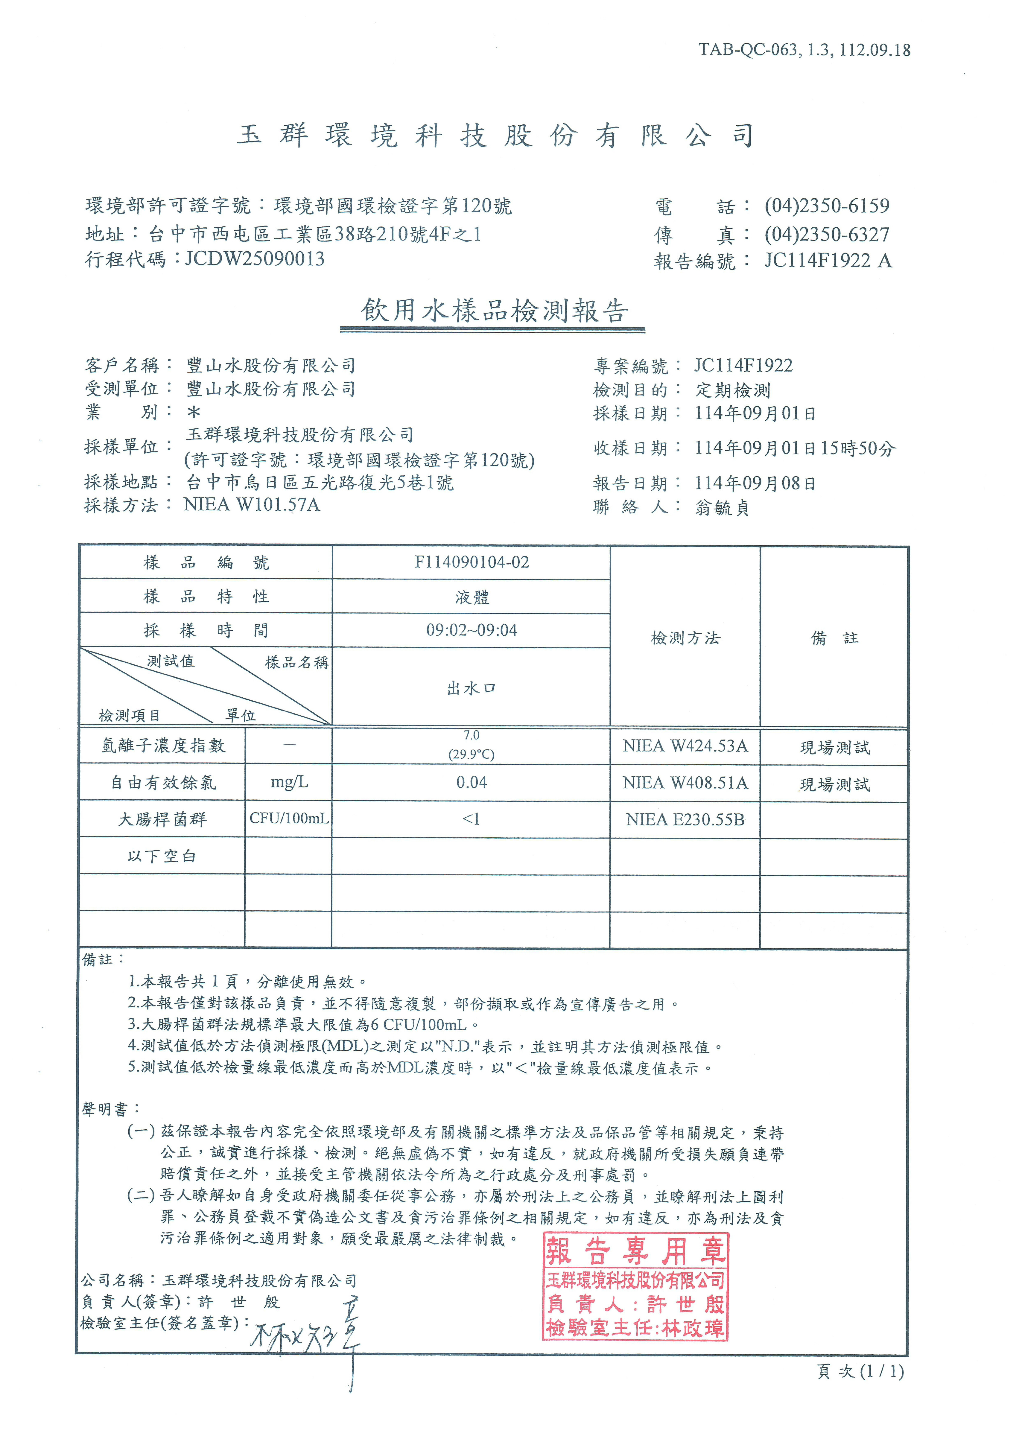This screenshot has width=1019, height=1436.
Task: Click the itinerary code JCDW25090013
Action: tap(255, 258)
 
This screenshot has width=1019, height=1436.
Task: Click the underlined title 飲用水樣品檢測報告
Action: tap(493, 311)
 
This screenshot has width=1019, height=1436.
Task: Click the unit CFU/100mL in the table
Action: tap(289, 819)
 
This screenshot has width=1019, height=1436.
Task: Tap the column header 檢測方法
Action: tap(685, 638)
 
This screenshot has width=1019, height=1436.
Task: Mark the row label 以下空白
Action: tap(162, 856)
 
